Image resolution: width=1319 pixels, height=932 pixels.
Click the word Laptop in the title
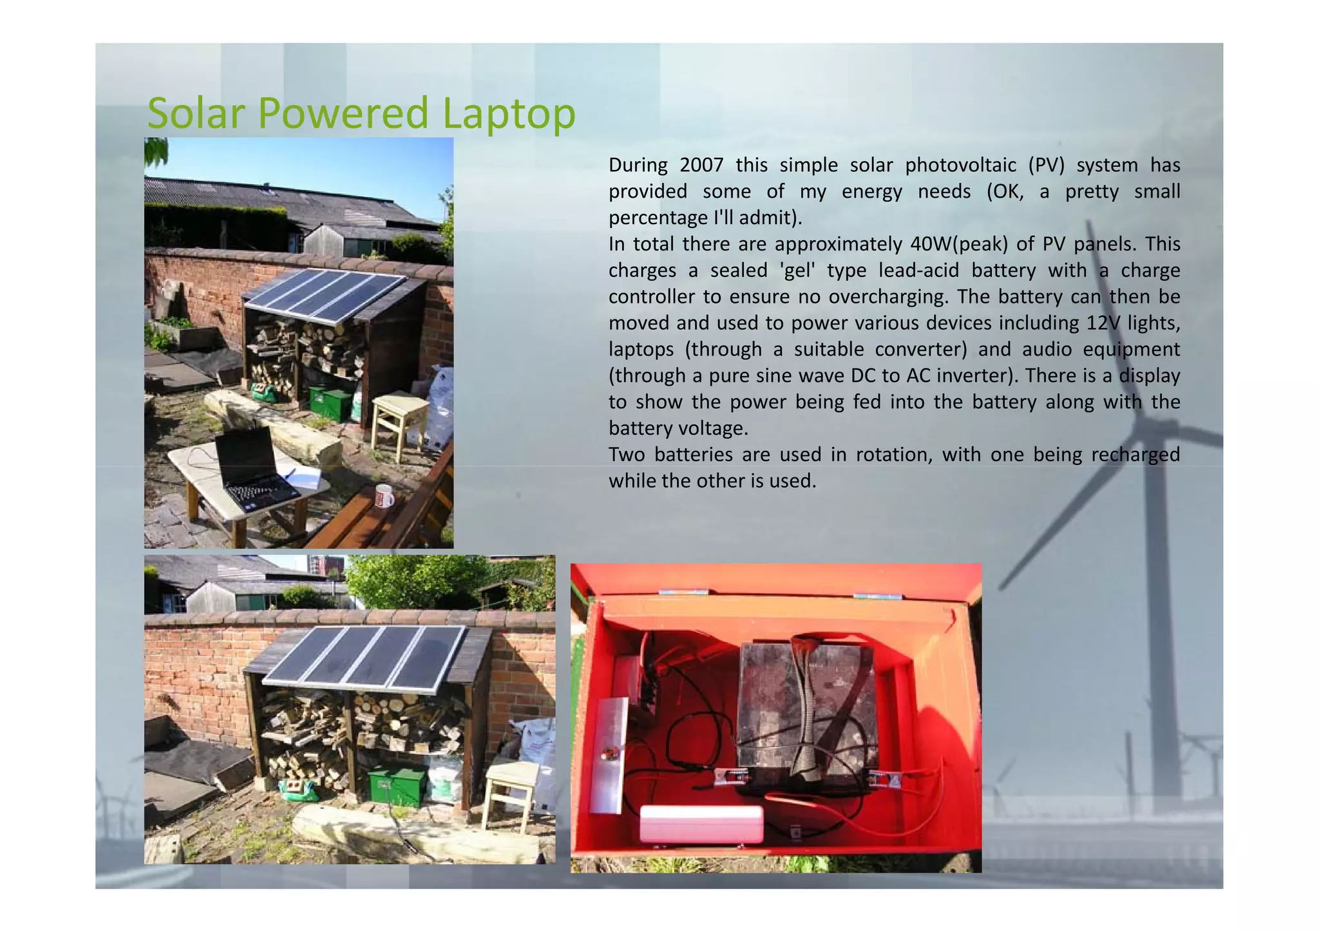509,114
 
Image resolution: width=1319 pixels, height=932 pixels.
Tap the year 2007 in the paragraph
701,166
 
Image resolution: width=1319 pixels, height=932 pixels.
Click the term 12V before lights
1103,323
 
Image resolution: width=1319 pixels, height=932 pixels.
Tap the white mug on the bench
384,496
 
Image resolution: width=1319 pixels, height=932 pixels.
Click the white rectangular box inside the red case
701,823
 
